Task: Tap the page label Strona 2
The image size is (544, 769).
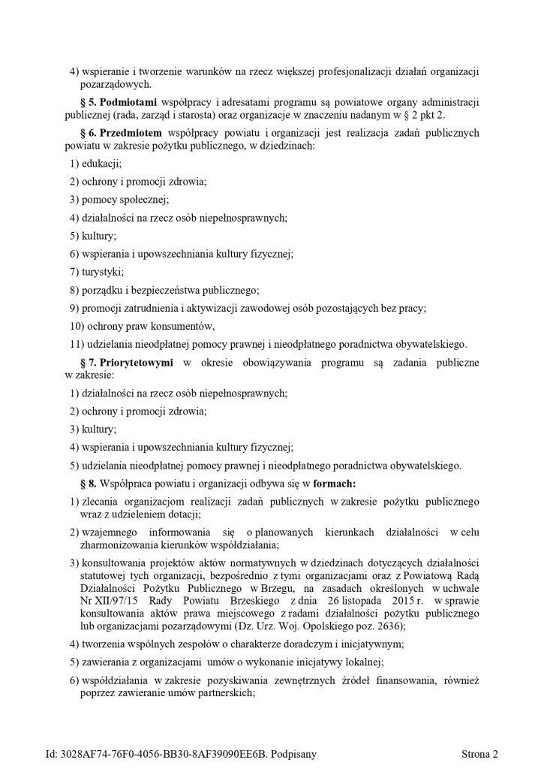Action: coord(480,753)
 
